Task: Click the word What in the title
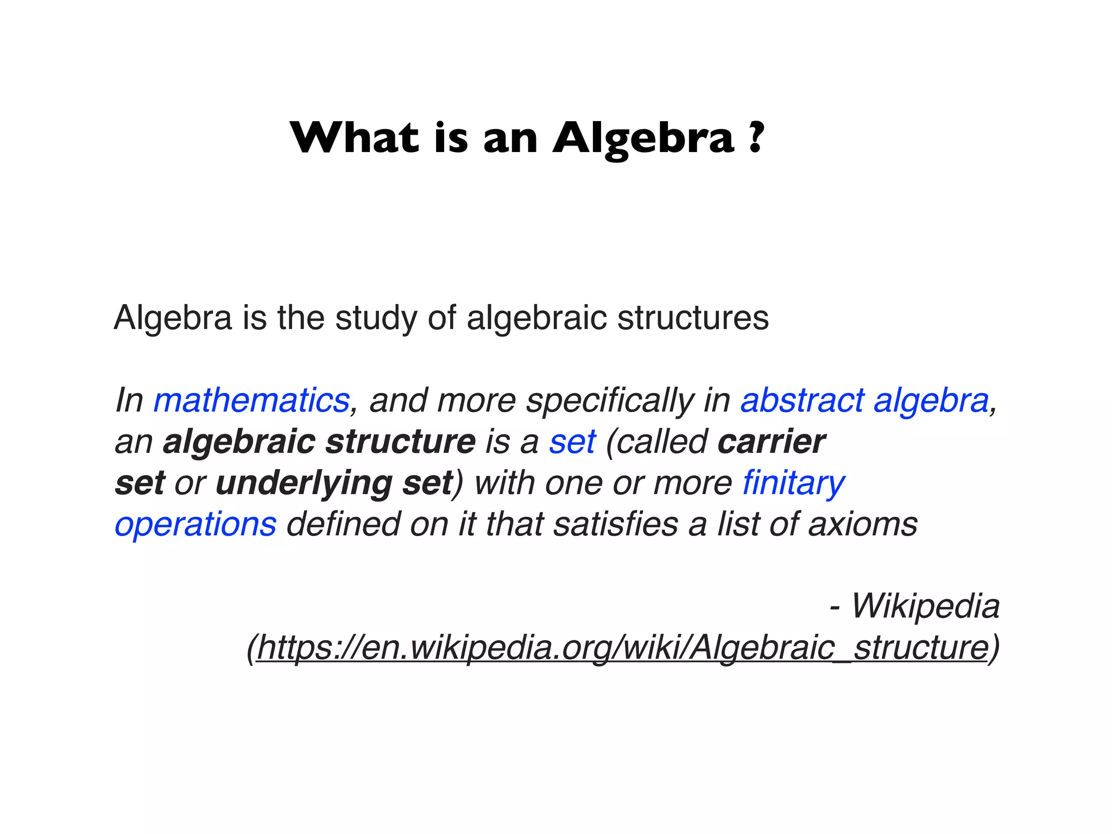(x=355, y=138)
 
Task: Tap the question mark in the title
(x=755, y=138)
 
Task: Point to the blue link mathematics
(x=251, y=401)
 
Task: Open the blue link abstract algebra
(x=864, y=401)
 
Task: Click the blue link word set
(x=572, y=442)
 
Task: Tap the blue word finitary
(x=793, y=483)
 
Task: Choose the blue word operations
(x=195, y=525)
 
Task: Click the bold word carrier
(x=771, y=442)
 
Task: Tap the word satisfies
(x=616, y=525)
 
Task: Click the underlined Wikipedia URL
(x=622, y=648)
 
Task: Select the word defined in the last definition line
(x=342, y=525)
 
